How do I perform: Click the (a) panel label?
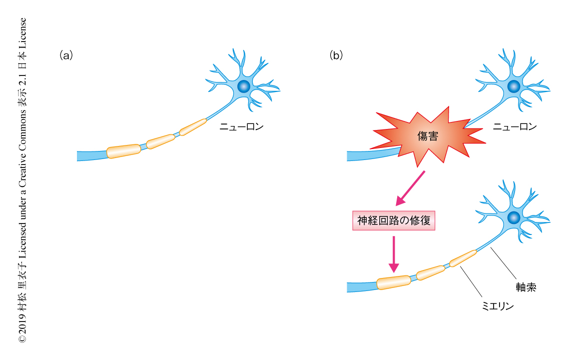pyautogui.click(x=66, y=55)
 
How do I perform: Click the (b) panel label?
pyautogui.click(x=336, y=55)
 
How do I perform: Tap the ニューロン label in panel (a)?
pyautogui.click(x=241, y=127)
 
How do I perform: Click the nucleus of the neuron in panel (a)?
pyautogui.click(x=244, y=86)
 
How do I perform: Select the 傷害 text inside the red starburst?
pyautogui.click(x=428, y=136)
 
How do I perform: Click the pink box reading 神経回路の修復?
pyautogui.click(x=394, y=220)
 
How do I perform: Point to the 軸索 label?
pyautogui.click(x=526, y=287)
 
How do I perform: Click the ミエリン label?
pyautogui.click(x=498, y=306)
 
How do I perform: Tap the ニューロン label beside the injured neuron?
pyautogui.click(x=515, y=127)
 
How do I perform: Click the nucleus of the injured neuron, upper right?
pyautogui.click(x=514, y=86)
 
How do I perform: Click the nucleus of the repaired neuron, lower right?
pyautogui.click(x=514, y=217)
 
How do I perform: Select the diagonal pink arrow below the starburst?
pyautogui.click(x=410, y=188)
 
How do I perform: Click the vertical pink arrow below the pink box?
pyautogui.click(x=394, y=254)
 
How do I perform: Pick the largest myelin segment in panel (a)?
pyautogui.click(x=123, y=151)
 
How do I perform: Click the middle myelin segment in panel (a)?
pyautogui.click(x=160, y=141)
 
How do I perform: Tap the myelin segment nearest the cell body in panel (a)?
pyautogui.click(x=193, y=127)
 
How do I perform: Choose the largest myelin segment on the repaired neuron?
pyautogui.click(x=394, y=282)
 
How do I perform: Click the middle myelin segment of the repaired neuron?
pyautogui.click(x=431, y=272)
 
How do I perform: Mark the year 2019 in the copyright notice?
pyautogui.click(x=22, y=323)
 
